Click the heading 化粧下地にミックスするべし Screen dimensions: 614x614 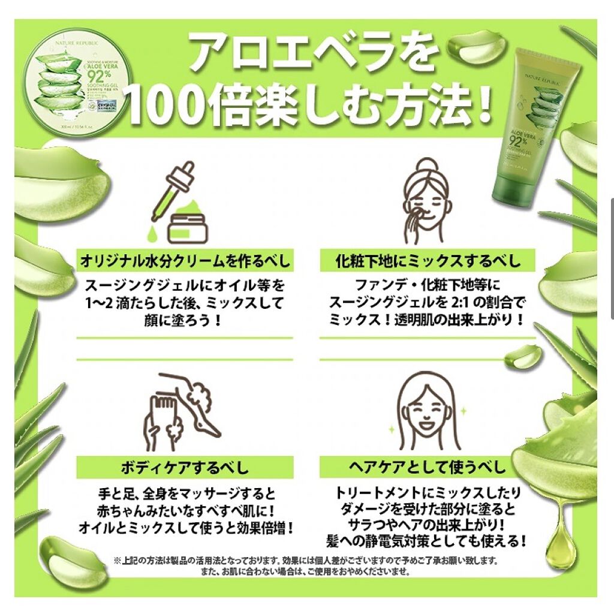[427, 261]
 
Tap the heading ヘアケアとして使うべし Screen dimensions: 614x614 [427, 466]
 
